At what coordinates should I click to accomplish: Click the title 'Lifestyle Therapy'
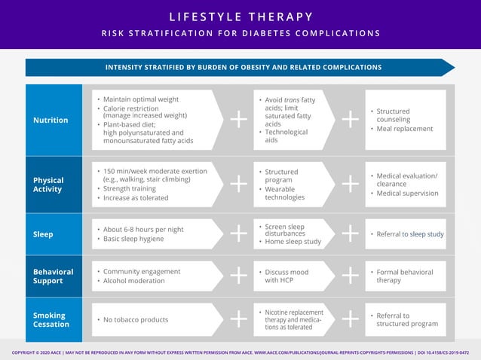[x=240, y=17]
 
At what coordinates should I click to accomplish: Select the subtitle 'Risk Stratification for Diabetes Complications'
[x=240, y=33]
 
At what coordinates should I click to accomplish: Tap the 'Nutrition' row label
[x=51, y=120]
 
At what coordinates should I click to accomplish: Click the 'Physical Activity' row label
[x=49, y=185]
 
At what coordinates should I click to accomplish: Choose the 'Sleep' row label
[x=43, y=234]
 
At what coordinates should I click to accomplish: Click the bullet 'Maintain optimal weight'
[x=140, y=99]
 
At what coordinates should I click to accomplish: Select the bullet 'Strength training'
[x=135, y=188]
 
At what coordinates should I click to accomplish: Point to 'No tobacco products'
[x=136, y=320]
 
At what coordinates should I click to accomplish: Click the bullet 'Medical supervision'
[x=407, y=193]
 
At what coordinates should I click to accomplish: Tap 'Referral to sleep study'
[x=410, y=234]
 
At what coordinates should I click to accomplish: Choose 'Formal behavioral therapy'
[x=408, y=276]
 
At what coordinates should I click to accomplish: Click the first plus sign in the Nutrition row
[x=238, y=120]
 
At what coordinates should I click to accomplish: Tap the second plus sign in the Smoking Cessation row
[x=350, y=320]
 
